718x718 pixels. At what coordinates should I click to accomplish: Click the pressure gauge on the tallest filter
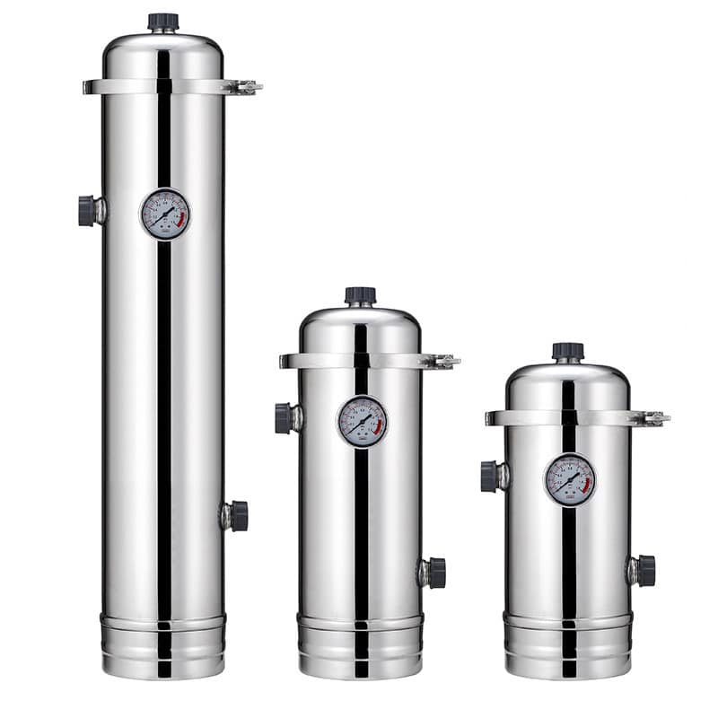point(165,214)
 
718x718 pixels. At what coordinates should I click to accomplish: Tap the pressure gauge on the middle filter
point(363,421)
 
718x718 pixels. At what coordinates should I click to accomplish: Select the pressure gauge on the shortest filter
point(570,479)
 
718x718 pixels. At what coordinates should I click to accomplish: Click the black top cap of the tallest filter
point(163,22)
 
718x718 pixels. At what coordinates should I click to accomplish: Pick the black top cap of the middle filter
point(361,295)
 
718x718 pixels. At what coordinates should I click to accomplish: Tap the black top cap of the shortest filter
point(568,351)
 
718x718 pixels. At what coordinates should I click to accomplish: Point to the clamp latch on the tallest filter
point(243,87)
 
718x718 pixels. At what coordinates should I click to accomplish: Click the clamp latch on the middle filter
point(441,361)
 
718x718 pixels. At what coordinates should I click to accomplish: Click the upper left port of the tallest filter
point(88,211)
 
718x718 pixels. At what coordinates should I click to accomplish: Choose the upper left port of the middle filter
point(285,418)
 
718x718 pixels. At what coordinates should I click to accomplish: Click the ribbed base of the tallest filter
point(162,645)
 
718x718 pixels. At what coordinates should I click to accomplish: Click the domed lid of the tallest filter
point(162,56)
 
